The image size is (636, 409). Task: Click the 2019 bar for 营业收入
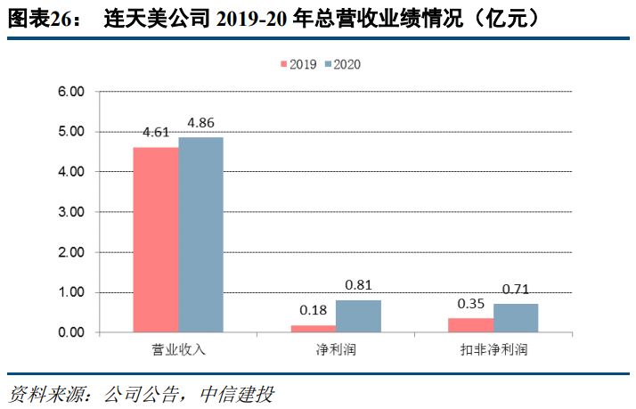tap(156, 240)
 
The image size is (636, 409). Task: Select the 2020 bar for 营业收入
tap(200, 234)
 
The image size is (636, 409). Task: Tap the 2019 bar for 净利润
tap(314, 329)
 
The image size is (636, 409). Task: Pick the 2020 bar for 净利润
tap(358, 316)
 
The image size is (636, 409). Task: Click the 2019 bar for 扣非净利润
tap(470, 325)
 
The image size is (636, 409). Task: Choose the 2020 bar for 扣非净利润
tap(515, 318)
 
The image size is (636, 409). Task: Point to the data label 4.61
tap(156, 133)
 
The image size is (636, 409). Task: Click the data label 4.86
tap(200, 122)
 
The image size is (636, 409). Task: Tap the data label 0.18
tap(314, 310)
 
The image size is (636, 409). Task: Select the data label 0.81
tap(358, 285)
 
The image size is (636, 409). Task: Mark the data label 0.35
tap(470, 304)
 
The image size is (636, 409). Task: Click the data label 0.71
tap(515, 289)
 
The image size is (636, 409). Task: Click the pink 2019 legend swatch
tap(284, 64)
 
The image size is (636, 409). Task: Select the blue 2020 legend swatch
tap(328, 64)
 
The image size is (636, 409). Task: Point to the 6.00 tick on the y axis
tap(71, 91)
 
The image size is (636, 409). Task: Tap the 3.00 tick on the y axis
tap(71, 212)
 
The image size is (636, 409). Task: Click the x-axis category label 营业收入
tap(178, 349)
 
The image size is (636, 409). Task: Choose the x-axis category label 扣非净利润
tap(493, 349)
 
